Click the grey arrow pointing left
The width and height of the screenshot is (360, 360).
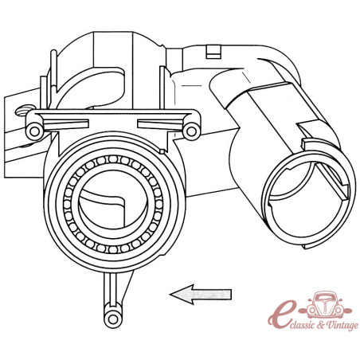[x=201, y=294]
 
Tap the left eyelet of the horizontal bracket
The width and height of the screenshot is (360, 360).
[x=34, y=131]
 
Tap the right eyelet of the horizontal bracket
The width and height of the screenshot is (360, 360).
[x=191, y=131]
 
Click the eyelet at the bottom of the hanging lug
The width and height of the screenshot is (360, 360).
[x=113, y=319]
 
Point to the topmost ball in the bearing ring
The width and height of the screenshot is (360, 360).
[x=113, y=159]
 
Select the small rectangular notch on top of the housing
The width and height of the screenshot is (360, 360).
[x=213, y=52]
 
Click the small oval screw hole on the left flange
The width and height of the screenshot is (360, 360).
[x=24, y=111]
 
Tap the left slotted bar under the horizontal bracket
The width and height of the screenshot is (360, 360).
[x=65, y=124]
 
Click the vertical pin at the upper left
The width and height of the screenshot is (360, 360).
[x=53, y=69]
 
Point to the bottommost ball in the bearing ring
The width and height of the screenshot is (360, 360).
[x=113, y=248]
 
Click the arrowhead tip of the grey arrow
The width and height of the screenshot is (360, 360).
[x=170, y=294]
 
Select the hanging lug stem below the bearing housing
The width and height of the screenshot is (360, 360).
[x=111, y=292]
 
